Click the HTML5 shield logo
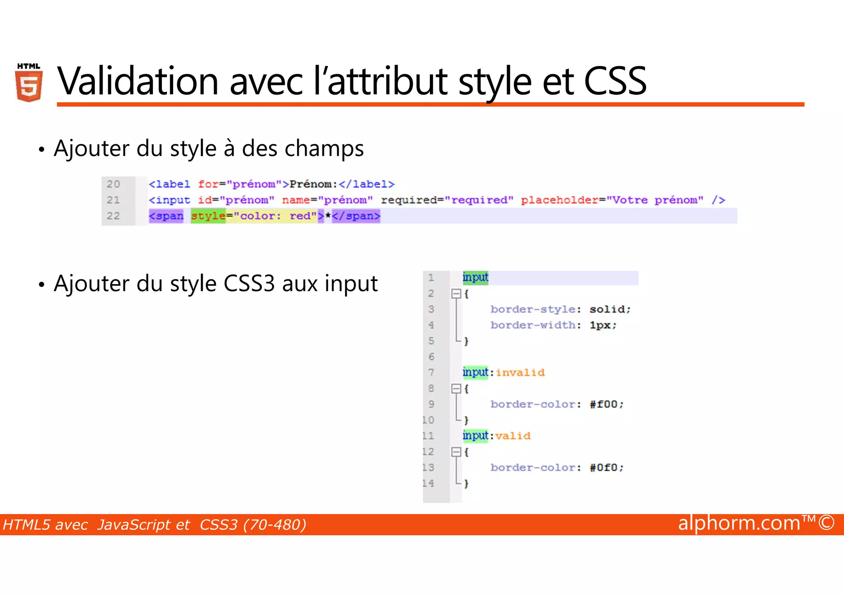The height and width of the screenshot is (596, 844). point(29,83)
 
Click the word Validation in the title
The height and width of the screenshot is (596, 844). point(138,81)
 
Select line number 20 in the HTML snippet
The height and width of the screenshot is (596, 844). point(113,184)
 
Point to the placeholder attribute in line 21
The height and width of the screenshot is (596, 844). point(559,200)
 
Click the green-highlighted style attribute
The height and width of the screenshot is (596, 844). point(208,216)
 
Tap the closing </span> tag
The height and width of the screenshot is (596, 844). point(356,216)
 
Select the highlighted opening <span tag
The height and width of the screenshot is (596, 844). point(166,216)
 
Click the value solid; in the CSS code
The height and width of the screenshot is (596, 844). point(610,309)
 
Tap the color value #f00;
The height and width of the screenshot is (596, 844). point(607,404)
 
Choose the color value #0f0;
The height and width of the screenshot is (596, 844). point(607,468)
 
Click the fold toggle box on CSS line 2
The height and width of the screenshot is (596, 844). point(456,294)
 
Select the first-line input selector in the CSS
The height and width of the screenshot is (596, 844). point(475,278)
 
